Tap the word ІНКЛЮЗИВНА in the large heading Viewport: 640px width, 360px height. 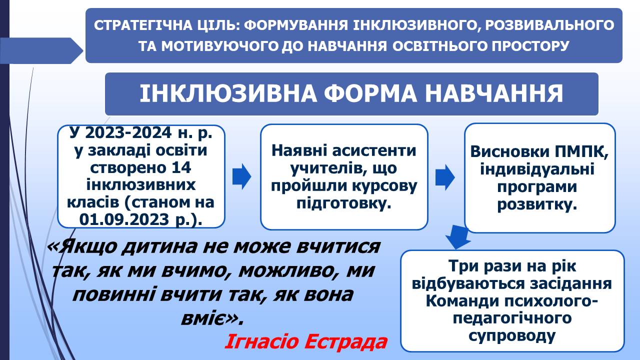coord(228,93)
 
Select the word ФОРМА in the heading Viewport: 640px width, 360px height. coord(370,93)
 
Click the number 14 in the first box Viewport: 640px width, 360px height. coord(181,167)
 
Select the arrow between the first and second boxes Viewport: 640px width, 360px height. coord(241,176)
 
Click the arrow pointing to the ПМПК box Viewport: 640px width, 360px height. coord(445,177)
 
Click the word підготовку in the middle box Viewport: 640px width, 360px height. coord(343,203)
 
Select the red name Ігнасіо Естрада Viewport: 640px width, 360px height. coord(306,341)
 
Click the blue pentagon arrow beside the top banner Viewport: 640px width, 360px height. coord(41,50)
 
